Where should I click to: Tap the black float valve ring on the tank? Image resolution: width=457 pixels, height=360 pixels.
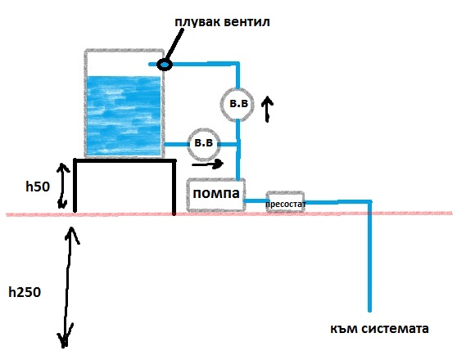pos(165,64)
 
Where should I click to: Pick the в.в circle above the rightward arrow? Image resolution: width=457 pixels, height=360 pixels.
pos(202,143)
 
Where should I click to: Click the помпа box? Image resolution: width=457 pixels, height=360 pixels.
pos(215,196)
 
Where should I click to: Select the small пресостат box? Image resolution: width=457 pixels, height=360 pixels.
pos(284,203)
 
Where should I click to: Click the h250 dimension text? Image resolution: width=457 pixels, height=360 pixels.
pos(26,290)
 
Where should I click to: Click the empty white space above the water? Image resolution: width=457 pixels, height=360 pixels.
pos(124,62)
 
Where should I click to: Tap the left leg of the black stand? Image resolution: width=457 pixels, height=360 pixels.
pos(76,188)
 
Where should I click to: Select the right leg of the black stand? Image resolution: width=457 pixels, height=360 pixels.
pos(174,188)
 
